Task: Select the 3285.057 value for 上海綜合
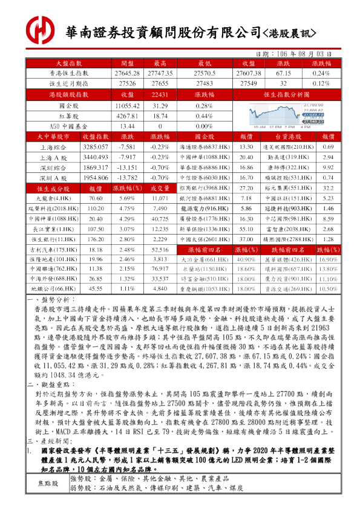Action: coord(95,147)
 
